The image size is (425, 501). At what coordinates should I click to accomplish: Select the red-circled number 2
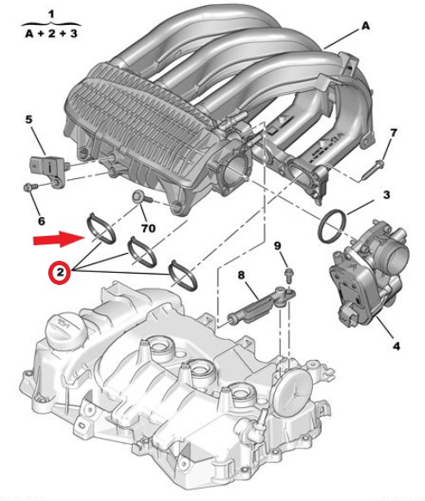[x=59, y=272]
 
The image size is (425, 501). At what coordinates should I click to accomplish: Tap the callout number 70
[x=148, y=228]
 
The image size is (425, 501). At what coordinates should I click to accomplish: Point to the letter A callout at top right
[x=366, y=26]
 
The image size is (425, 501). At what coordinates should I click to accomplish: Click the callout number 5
[x=28, y=120]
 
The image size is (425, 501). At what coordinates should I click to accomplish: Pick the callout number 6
[x=41, y=220]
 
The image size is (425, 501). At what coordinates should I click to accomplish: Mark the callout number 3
[x=386, y=195]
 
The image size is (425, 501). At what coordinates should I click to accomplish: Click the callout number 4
[x=397, y=346]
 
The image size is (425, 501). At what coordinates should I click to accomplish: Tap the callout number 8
[x=241, y=275]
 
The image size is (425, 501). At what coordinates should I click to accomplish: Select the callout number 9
[x=278, y=245]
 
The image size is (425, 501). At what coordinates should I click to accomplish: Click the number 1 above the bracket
[x=51, y=15]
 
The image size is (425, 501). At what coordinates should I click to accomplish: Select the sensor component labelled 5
[x=47, y=169]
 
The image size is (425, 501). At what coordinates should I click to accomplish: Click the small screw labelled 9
[x=288, y=275]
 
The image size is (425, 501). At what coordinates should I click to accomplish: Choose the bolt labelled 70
[x=141, y=196]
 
